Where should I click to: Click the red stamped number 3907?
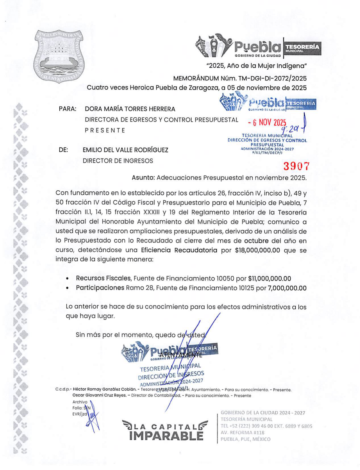tap(296, 166)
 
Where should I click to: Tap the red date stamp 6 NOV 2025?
tap(267, 122)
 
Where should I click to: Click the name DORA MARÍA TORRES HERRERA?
tap(130, 109)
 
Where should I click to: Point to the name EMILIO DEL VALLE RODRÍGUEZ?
tap(125, 150)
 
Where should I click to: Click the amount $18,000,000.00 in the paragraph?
tap(258, 250)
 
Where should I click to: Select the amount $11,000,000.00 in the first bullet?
tap(269, 279)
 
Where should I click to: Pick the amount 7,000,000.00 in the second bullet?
tap(287, 288)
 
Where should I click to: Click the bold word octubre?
tap(256, 241)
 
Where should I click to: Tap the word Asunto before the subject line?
tap(143, 178)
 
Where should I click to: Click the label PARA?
tap(68, 109)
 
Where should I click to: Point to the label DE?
tap(63, 150)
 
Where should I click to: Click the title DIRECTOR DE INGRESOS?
tap(118, 161)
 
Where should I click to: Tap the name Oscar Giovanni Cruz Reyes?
tap(99, 395)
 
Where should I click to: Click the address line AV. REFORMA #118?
tap(242, 433)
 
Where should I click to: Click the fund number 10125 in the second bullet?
tap(246, 288)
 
